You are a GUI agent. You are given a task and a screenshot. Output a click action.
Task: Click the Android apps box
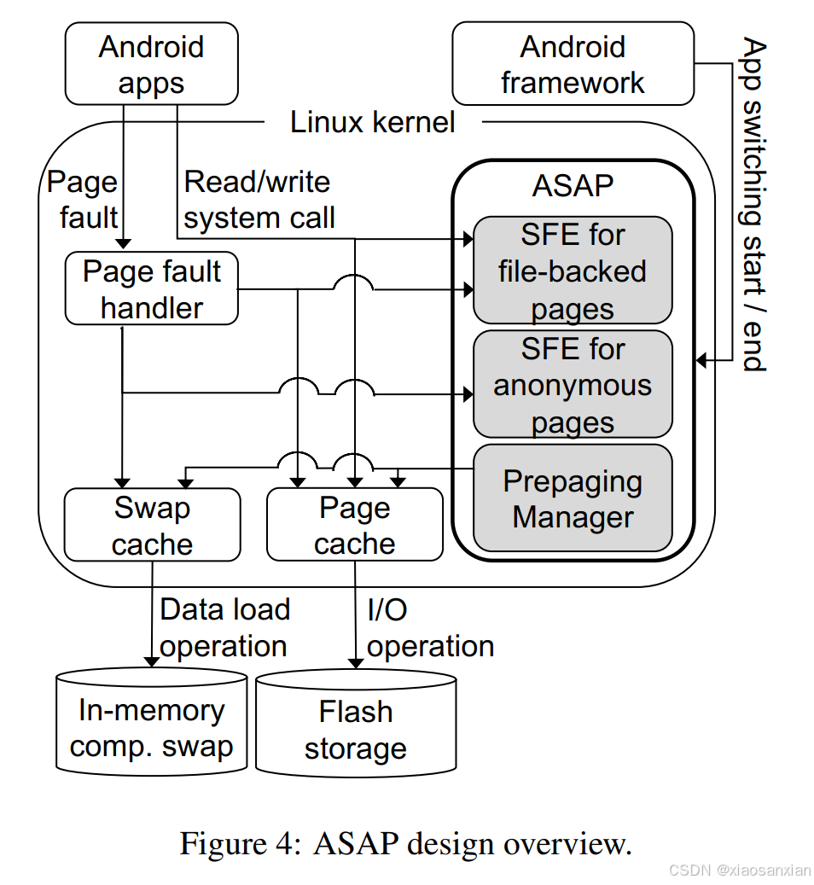pos(151,64)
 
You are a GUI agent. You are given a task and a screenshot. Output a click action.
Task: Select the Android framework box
pos(573,64)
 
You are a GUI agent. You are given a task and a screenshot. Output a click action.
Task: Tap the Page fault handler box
pos(151,289)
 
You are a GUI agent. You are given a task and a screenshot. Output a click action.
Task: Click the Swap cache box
pos(152,525)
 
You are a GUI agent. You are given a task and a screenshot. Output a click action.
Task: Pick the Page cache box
pos(354,525)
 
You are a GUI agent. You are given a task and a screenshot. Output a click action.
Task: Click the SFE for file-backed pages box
pos(573,271)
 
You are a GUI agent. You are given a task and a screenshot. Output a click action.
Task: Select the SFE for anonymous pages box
pos(573,385)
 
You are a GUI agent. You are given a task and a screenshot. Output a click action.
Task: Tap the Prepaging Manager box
pos(573,498)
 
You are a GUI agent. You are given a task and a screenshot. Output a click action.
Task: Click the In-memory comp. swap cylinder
pos(151,725)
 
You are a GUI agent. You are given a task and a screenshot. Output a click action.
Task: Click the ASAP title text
pos(573,185)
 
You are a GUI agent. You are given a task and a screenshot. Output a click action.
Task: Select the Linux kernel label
pos(372,122)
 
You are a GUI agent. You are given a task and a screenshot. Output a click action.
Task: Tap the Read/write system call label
pos(259,200)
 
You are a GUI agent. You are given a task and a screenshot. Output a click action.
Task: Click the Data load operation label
pos(224,627)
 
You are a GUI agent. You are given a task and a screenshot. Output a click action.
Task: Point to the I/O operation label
pos(429,628)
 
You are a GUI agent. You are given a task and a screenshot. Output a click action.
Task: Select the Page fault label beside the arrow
pos(84,200)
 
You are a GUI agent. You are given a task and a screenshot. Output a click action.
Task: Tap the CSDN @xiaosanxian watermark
pos(739,870)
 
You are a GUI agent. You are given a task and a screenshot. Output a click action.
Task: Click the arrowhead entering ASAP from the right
pos(701,360)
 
